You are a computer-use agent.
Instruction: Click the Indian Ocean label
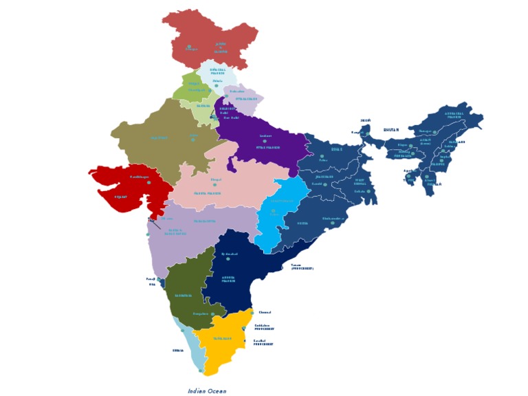[x=207, y=390]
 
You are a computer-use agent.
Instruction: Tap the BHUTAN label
[x=391, y=129]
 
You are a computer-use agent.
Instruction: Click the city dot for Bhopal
[x=214, y=184]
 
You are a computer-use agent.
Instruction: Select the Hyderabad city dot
[x=228, y=258]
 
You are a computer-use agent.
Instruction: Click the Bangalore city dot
[x=213, y=314]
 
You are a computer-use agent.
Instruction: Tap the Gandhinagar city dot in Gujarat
[x=148, y=182]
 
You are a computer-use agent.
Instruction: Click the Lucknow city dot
[x=265, y=141]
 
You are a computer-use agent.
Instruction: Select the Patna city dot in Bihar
[x=322, y=156]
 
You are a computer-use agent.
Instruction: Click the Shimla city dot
[x=216, y=86]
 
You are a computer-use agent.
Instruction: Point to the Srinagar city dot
[x=189, y=47]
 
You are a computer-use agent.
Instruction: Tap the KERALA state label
[x=178, y=350]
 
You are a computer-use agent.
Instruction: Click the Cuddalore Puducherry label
[x=264, y=327]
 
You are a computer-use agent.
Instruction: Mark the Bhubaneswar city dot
[x=332, y=223]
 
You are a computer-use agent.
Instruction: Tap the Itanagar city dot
[x=434, y=132]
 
